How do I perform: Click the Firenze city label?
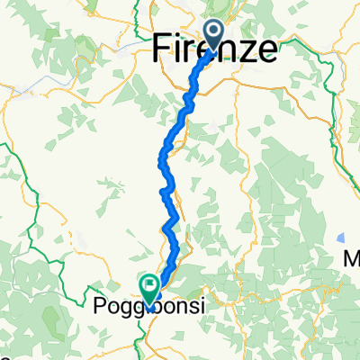(x=215, y=49)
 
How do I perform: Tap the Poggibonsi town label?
(x=148, y=306)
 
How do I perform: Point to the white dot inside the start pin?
(x=218, y=31)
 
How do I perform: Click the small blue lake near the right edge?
(x=343, y=238)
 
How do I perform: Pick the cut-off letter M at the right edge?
(x=353, y=259)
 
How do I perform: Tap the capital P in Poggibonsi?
(x=100, y=306)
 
